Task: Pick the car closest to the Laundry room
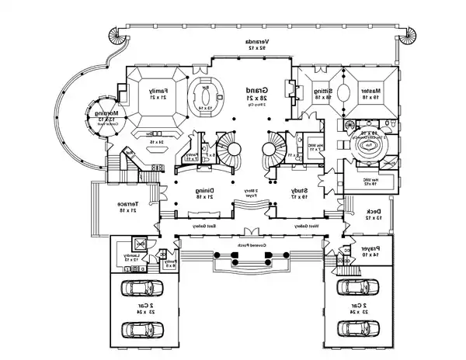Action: (141, 289)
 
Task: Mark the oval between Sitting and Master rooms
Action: (340, 90)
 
